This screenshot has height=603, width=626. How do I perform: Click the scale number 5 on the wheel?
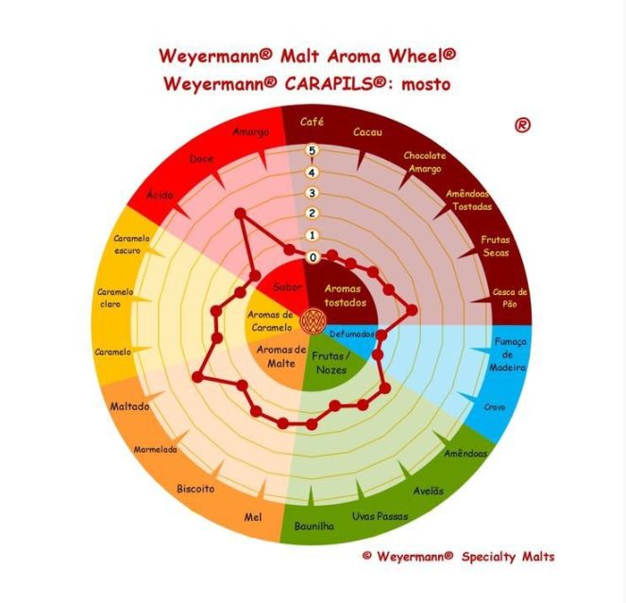point(313,150)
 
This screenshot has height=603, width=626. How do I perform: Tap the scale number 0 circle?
point(313,258)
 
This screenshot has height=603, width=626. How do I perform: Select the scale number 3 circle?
point(313,194)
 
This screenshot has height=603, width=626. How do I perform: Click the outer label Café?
point(312,122)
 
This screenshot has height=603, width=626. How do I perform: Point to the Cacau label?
point(367,132)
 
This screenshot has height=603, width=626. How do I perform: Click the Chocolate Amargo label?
point(425,163)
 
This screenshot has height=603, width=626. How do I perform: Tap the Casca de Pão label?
point(510,298)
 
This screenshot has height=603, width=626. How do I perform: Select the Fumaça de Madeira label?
point(508,354)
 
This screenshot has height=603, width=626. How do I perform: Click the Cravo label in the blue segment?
point(495,407)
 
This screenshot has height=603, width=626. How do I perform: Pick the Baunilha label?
point(313,525)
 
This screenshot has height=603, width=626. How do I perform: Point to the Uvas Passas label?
point(380,516)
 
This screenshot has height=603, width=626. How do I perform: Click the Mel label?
point(253,518)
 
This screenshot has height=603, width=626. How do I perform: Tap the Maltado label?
point(129,406)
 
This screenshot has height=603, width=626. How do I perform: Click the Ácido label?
point(160,195)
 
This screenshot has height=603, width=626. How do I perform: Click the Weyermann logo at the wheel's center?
point(313,319)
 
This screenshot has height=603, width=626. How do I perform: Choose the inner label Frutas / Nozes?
point(331,363)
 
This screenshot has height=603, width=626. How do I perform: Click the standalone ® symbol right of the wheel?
point(522,126)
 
